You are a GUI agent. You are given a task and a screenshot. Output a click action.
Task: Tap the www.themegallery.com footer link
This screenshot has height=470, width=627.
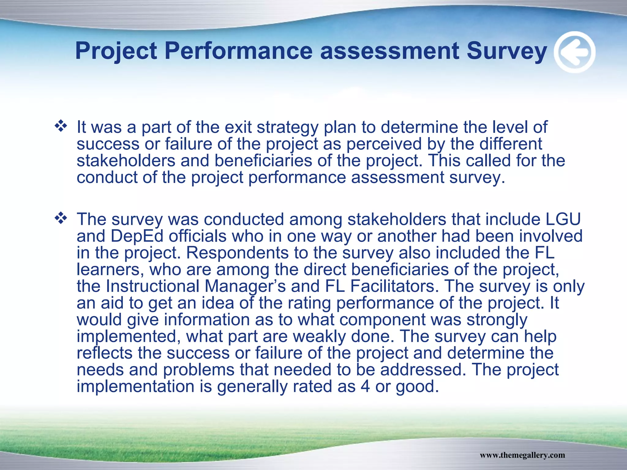click(x=522, y=455)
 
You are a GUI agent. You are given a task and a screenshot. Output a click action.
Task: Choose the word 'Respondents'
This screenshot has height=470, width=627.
click(x=237, y=253)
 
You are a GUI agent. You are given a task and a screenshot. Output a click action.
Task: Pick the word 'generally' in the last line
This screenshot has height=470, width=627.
click(x=252, y=387)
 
